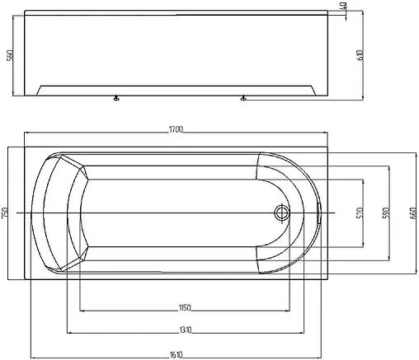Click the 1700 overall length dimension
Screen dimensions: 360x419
(x=177, y=129)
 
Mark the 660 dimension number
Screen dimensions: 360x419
(x=412, y=213)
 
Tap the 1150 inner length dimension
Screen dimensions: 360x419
(x=185, y=307)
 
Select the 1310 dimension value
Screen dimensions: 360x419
(x=185, y=329)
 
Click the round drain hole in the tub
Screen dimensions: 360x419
(x=282, y=213)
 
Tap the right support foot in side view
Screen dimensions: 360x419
(x=242, y=100)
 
